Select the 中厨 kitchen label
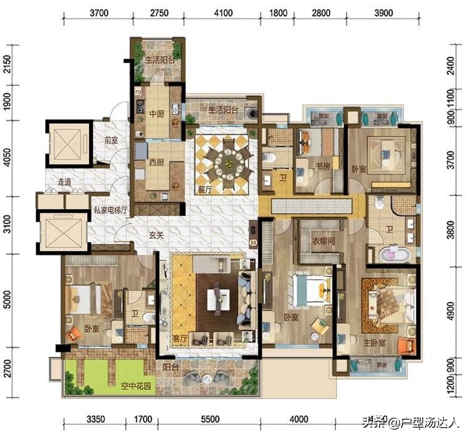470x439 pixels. pyautogui.click(x=156, y=114)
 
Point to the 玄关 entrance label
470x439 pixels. pyautogui.click(x=156, y=235)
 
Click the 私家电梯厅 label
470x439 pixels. pyautogui.click(x=111, y=211)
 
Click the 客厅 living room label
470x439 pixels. pyautogui.click(x=180, y=339)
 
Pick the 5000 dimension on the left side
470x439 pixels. pyautogui.click(x=8, y=303)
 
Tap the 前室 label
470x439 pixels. pyautogui.click(x=111, y=141)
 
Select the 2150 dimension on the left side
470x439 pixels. pyautogui.click(x=8, y=65)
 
